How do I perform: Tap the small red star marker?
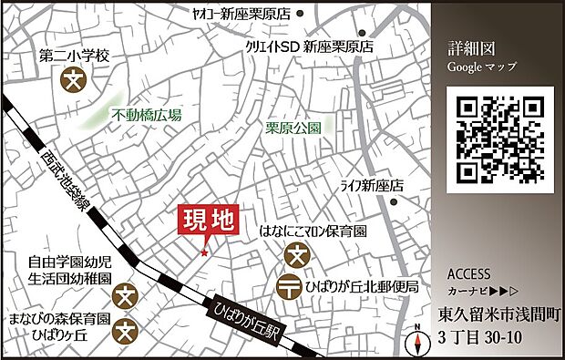pyautogui.click(x=204, y=252)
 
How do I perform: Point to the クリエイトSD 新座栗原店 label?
pyautogui.click(x=310, y=45)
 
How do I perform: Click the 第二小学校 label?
pyautogui.click(x=74, y=57)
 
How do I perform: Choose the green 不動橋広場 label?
pyautogui.click(x=146, y=115)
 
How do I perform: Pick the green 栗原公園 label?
pyautogui.click(x=293, y=129)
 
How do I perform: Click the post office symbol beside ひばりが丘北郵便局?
pyautogui.click(x=292, y=286)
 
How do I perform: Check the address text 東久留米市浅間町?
pyautogui.click(x=497, y=317)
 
